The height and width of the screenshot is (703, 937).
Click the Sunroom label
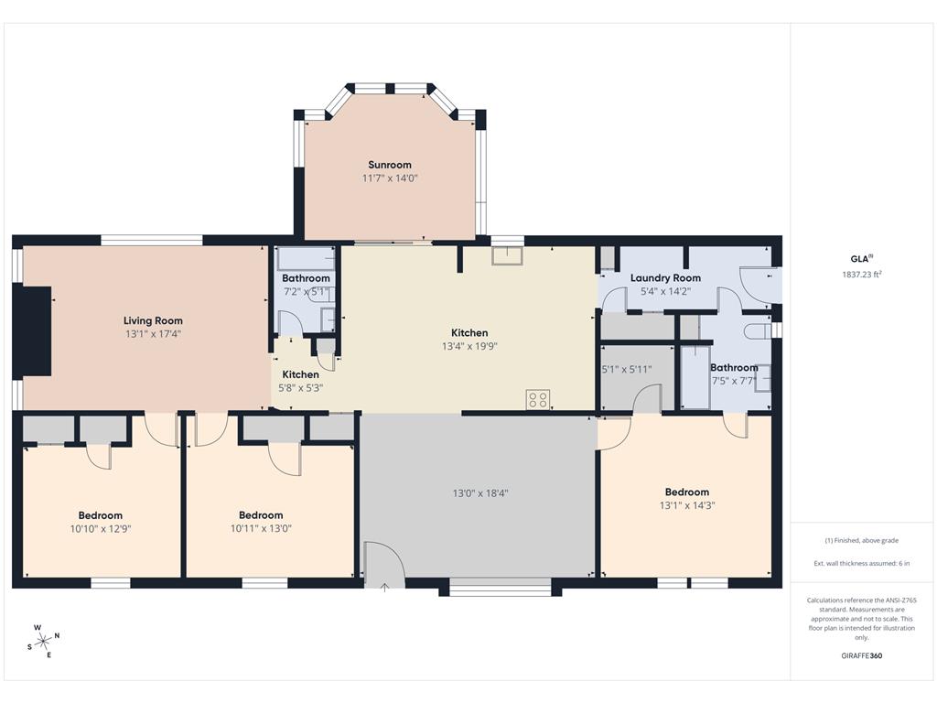[x=390, y=165]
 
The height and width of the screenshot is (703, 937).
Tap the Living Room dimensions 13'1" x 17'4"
[x=153, y=334]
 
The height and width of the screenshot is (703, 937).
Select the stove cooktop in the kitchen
[x=538, y=399]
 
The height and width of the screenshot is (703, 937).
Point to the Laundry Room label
[x=665, y=278]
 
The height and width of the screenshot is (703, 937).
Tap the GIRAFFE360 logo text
[x=862, y=655]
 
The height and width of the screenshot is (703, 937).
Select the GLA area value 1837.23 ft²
[x=861, y=275]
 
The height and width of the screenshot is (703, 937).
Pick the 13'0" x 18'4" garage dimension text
[x=480, y=493]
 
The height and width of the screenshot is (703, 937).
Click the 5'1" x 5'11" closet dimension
[x=627, y=370]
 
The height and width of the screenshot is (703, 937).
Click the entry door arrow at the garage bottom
[x=384, y=587]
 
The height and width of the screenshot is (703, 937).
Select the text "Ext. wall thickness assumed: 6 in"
[x=861, y=564]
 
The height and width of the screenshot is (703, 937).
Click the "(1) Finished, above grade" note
[x=861, y=540]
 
